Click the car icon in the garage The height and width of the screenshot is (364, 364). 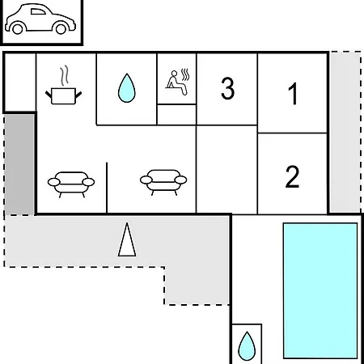[x=40, y=19]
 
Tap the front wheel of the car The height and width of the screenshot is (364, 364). [x=61, y=28]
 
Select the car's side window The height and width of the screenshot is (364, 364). [x=38, y=11]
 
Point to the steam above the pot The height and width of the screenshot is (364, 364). [x=64, y=75]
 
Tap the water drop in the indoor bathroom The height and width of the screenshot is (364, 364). [x=126, y=88]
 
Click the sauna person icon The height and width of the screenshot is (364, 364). [x=178, y=83]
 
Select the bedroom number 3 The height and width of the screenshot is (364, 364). [x=227, y=88]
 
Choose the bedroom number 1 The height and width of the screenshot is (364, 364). [x=293, y=94]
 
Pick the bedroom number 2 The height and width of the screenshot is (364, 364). [x=292, y=176]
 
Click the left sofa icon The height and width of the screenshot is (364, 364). [x=71, y=184]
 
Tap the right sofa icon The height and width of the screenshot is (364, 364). [x=163, y=182]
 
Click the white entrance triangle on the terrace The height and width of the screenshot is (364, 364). [x=127, y=239]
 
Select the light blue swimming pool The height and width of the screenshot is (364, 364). [x=320, y=290]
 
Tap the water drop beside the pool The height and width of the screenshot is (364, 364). [x=247, y=346]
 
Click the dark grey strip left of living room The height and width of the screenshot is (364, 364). [x=19, y=164]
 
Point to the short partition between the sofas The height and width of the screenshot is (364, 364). [x=107, y=188]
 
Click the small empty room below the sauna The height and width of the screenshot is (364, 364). [x=176, y=115]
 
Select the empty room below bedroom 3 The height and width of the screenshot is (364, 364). [x=227, y=170]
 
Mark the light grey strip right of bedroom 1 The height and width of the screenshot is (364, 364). [x=345, y=132]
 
